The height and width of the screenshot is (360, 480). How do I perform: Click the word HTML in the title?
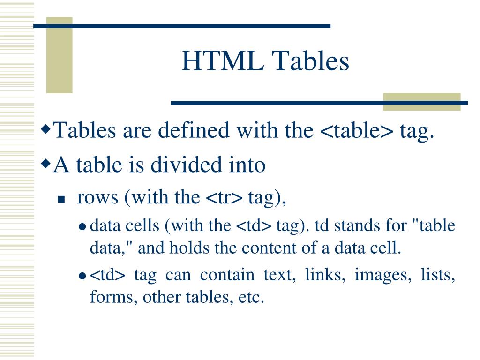[222, 61]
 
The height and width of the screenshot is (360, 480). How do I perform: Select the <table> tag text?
[357, 130]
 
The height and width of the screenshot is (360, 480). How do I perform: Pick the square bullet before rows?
[60, 200]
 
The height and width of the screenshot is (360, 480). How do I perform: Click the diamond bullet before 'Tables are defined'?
[45, 127]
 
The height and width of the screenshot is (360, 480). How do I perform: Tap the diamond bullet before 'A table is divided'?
[45, 162]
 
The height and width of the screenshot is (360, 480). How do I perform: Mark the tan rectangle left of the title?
[60, 55]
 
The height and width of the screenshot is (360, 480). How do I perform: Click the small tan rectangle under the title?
[421, 102]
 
